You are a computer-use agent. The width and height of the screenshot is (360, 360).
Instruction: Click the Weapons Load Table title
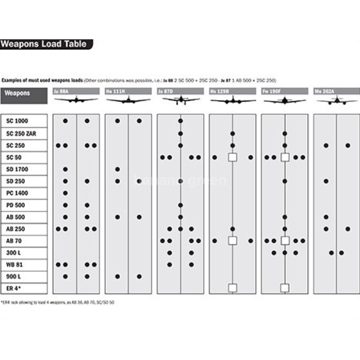tap(44, 44)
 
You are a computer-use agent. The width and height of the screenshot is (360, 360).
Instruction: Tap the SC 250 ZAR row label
tap(23, 133)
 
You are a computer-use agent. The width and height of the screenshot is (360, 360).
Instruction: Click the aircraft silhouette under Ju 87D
tap(180, 100)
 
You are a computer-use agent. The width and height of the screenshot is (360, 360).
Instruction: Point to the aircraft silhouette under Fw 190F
tap(285, 100)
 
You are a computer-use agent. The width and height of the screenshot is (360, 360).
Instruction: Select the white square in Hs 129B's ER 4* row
tap(232, 288)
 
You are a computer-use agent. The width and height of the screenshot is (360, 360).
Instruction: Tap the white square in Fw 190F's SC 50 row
tap(285, 157)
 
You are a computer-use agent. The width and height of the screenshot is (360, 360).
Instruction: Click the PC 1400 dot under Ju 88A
tap(65, 193)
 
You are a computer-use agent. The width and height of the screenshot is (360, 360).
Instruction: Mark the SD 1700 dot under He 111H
tap(118, 169)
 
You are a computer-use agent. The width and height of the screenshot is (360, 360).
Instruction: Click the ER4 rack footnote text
tap(57, 302)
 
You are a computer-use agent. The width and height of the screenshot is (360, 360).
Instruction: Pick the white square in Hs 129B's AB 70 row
tap(232, 241)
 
